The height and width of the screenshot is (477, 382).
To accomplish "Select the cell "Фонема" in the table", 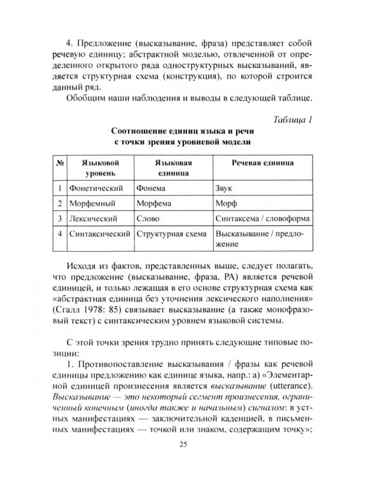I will click(151, 188).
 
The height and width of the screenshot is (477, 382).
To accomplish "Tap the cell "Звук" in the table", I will click(225, 188).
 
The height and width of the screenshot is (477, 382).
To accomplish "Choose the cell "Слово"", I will click(148, 219).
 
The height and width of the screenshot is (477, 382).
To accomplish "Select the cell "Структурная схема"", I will click(171, 234).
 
